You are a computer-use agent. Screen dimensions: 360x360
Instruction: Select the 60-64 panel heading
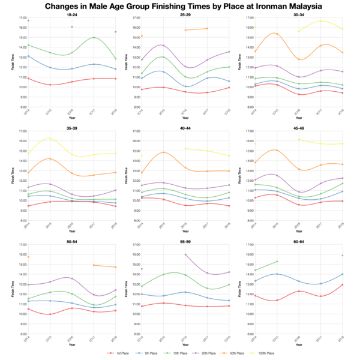click(299, 241)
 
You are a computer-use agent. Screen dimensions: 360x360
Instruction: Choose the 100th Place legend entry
click(263, 353)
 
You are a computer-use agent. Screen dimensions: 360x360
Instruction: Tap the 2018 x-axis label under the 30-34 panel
click(341, 112)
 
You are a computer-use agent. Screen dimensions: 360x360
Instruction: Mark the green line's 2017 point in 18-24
click(94, 38)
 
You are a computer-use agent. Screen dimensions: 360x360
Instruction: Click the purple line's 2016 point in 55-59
click(185, 254)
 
